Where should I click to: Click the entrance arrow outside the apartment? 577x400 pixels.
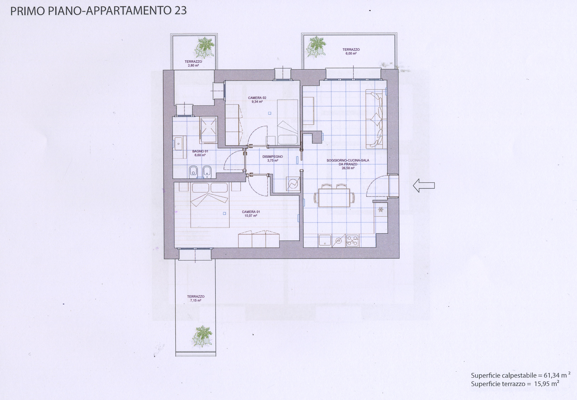(424, 185)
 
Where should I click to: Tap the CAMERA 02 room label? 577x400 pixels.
(257, 98)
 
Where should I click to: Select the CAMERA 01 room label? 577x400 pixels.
(251, 212)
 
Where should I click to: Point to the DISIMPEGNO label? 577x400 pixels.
(273, 157)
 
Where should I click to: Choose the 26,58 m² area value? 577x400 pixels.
(348, 168)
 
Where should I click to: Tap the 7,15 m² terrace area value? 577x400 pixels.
(196, 300)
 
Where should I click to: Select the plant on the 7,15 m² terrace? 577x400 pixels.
(202, 336)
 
